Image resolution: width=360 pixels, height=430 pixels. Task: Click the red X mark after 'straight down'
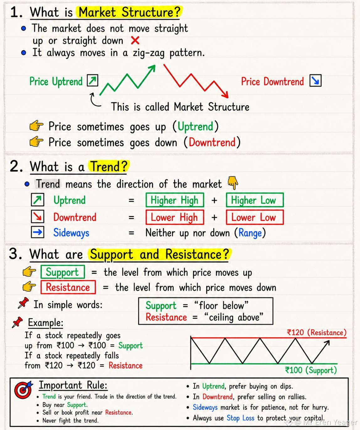135,40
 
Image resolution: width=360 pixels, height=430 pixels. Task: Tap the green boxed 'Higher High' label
175,200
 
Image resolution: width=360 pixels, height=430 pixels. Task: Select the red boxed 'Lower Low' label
255,217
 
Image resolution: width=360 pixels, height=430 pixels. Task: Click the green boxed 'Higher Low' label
255,200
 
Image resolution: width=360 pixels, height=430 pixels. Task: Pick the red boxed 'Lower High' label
175,217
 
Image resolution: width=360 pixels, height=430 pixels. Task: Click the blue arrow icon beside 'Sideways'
37,232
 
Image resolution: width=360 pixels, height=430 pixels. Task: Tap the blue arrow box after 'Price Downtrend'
315,81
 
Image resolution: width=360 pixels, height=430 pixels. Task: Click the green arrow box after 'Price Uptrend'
93,80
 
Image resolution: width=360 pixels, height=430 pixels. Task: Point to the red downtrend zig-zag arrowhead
225,95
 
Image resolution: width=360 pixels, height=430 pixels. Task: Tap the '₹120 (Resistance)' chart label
317,332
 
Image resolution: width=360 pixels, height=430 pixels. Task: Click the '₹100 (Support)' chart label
311,370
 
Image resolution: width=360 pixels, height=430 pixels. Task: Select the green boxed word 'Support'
62,272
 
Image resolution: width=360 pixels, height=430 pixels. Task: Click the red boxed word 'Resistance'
68,287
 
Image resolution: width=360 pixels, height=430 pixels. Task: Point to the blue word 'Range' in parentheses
250,233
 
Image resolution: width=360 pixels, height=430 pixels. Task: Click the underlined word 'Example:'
46,323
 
